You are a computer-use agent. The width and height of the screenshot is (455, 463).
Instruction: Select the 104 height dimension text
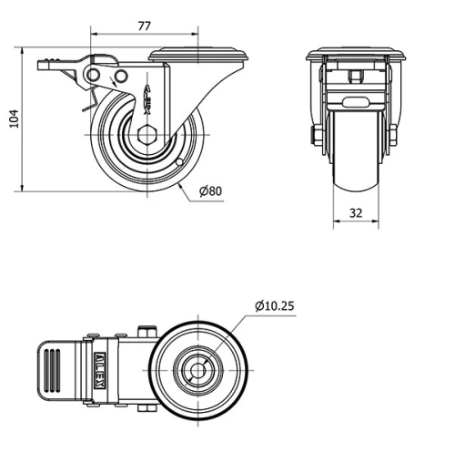point(13,118)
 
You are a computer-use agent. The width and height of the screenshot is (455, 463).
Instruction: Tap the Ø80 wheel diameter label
point(211,190)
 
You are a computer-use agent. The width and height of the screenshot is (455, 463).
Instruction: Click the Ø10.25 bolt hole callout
point(274,305)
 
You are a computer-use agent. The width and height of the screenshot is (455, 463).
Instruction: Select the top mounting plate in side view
point(197,55)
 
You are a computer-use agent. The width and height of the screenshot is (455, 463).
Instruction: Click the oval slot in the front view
point(355,100)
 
